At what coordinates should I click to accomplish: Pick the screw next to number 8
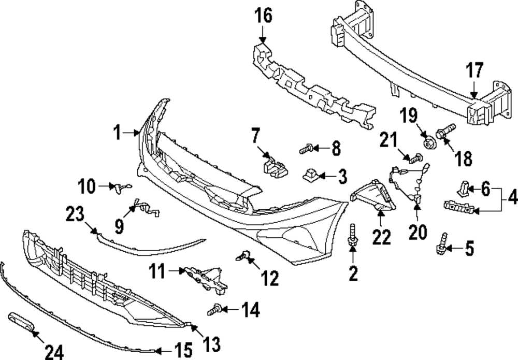[x=305, y=150]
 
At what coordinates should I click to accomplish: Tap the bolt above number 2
[x=353, y=234]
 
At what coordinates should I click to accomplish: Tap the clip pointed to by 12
[x=244, y=255]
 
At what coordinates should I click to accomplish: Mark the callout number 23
[x=78, y=214]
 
